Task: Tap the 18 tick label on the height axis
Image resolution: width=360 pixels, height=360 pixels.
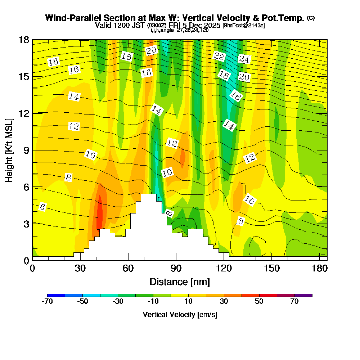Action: (24, 40)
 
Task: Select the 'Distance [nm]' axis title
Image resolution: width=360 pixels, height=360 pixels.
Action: (180, 282)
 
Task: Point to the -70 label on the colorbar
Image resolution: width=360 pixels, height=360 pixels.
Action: (48, 302)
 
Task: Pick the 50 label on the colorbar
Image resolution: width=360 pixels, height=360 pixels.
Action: (259, 302)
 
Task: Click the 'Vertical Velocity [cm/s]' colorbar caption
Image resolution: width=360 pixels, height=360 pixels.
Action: (180, 315)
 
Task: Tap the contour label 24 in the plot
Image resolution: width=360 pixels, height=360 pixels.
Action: (244, 59)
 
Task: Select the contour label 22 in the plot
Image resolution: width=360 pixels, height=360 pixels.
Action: (219, 56)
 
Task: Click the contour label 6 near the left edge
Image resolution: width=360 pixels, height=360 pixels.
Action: (42, 207)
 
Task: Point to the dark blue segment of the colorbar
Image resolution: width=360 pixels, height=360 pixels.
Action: (56, 295)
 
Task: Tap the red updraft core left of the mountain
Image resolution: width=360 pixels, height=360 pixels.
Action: (99, 214)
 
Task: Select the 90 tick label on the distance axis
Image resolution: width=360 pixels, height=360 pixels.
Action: (176, 269)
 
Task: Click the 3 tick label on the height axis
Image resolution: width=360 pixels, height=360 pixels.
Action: (26, 224)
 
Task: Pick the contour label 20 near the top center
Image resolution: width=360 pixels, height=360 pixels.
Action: (152, 51)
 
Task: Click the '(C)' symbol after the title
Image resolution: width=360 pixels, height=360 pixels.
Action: (311, 18)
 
